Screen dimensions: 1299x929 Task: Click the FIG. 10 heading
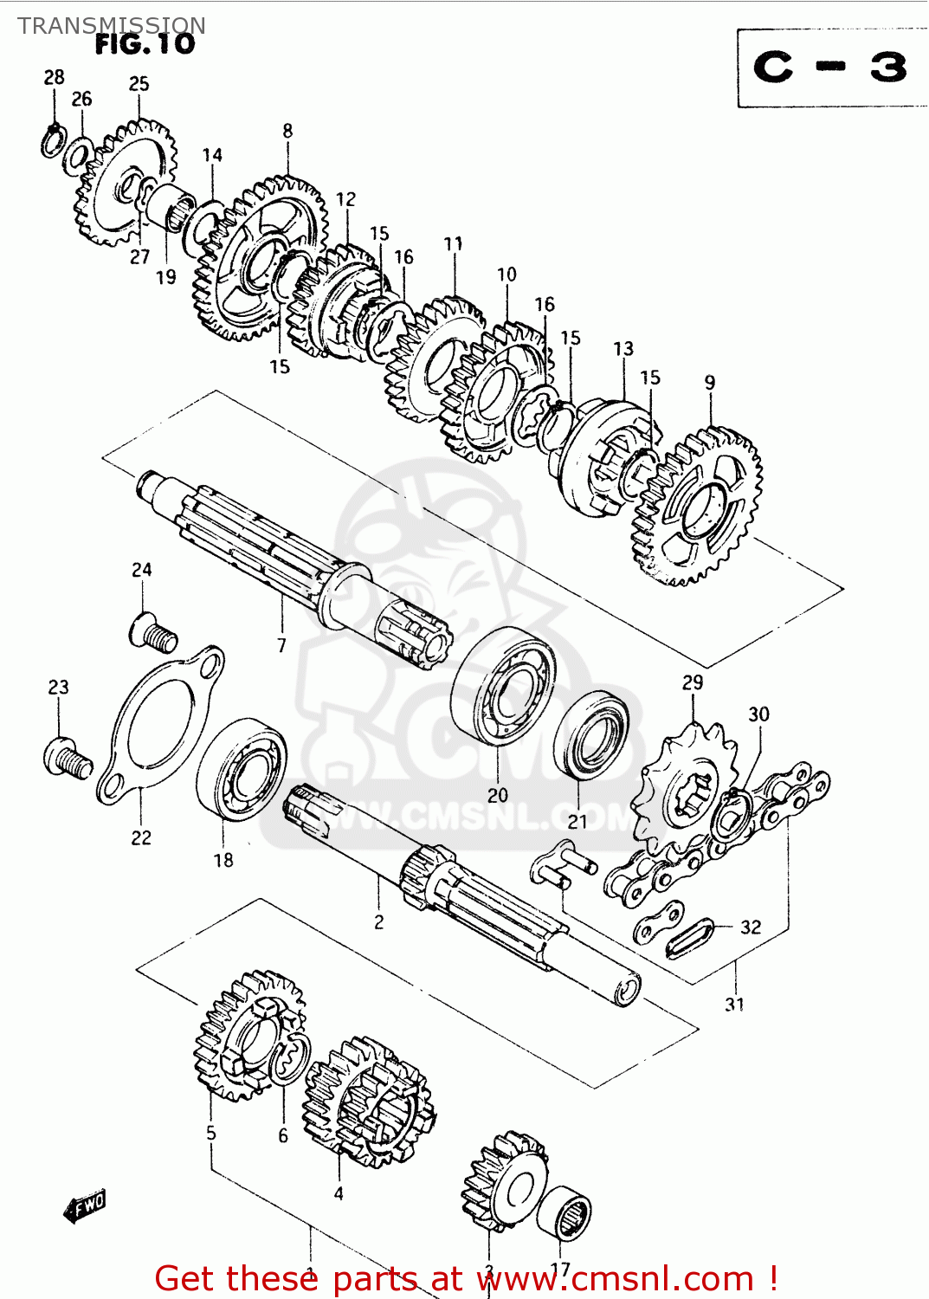(145, 45)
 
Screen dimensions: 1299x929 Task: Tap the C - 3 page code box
(830, 68)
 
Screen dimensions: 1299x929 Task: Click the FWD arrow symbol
(85, 1205)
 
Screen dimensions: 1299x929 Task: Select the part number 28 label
(54, 78)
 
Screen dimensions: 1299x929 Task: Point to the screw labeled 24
(153, 631)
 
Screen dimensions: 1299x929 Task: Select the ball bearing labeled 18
(242, 768)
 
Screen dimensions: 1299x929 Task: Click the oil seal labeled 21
(594, 734)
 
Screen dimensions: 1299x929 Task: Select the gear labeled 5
(248, 1035)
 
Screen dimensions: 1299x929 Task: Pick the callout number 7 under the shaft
(281, 645)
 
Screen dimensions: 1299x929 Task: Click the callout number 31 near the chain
(734, 1005)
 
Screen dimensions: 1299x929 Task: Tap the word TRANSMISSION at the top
(112, 26)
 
